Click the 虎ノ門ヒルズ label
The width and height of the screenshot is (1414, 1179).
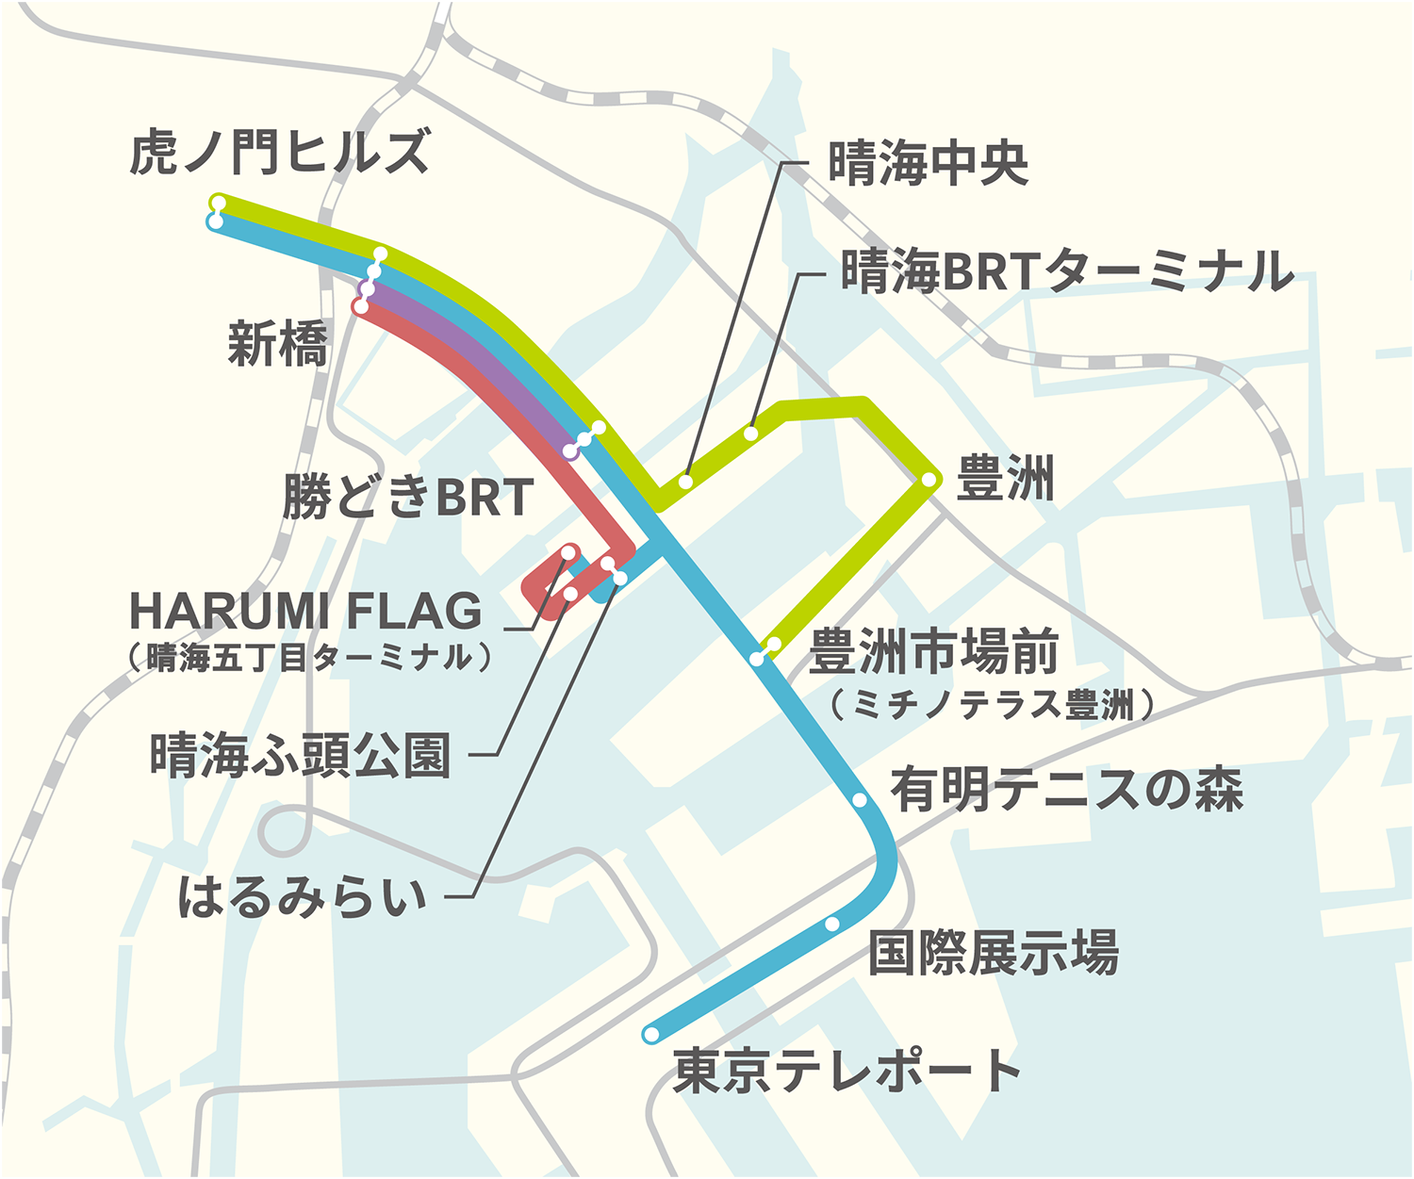point(279,152)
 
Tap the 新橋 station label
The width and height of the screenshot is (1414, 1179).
point(278,343)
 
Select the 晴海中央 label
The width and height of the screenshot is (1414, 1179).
point(928,163)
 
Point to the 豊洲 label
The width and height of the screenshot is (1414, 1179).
point(1005,478)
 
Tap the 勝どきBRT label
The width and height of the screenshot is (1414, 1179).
point(408,497)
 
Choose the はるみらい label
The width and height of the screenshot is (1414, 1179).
point(303,896)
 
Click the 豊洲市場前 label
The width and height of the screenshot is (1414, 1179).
point(933,652)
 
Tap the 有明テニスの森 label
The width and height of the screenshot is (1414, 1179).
point(1067,789)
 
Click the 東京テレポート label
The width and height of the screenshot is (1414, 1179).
point(847,1071)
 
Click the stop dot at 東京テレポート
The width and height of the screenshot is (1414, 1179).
point(650,1035)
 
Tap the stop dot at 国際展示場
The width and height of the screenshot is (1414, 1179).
point(831,924)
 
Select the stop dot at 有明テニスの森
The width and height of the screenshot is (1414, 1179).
point(860,800)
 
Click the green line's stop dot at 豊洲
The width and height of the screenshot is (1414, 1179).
point(929,480)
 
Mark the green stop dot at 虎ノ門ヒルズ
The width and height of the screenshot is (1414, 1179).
point(218,202)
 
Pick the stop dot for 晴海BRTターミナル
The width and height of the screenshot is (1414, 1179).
point(751,434)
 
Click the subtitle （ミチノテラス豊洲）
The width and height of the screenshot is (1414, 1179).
point(993,704)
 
